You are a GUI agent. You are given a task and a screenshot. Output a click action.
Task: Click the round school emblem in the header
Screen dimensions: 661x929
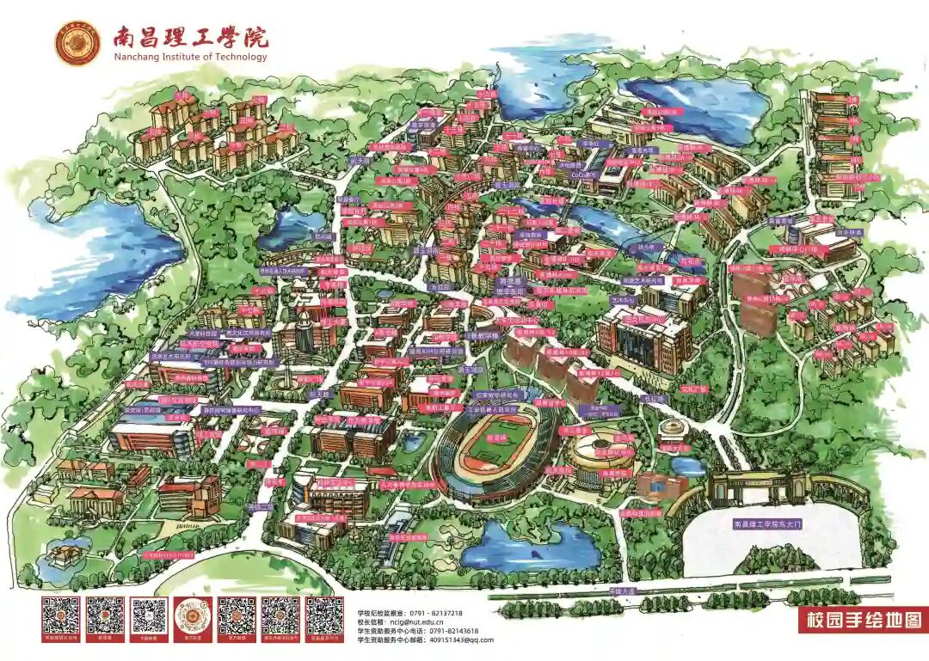point(77,43)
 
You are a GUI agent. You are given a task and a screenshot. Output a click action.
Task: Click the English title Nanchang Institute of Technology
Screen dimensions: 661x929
point(190,58)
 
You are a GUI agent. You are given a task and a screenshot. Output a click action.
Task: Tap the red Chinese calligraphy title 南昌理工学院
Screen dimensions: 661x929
point(190,36)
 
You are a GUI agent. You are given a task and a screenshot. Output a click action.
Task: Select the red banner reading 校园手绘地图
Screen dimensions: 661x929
point(860,619)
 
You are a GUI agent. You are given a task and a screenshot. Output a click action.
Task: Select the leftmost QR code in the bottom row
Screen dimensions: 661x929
point(62,615)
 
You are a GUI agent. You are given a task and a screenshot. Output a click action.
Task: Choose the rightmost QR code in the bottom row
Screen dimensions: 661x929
point(325,615)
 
